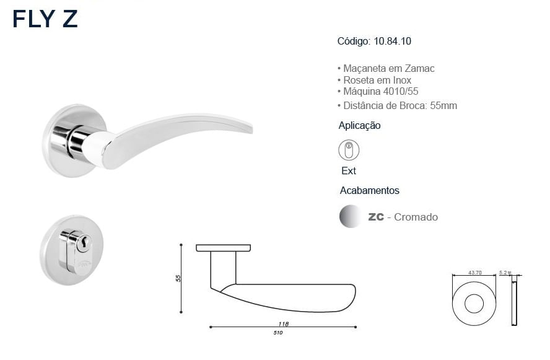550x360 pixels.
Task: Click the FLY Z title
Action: click(x=45, y=19)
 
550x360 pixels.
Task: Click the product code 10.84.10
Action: click(x=392, y=41)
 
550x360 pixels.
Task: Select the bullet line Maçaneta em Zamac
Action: click(x=386, y=68)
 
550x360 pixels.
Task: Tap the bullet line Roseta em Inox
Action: click(x=374, y=80)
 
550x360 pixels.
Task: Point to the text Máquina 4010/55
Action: click(x=378, y=91)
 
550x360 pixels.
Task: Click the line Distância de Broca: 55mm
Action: click(x=397, y=105)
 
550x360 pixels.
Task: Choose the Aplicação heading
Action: click(x=359, y=126)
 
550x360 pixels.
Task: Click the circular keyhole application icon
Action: click(x=349, y=150)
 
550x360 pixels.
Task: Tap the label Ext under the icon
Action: click(x=348, y=171)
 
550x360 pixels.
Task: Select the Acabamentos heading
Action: click(x=369, y=190)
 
